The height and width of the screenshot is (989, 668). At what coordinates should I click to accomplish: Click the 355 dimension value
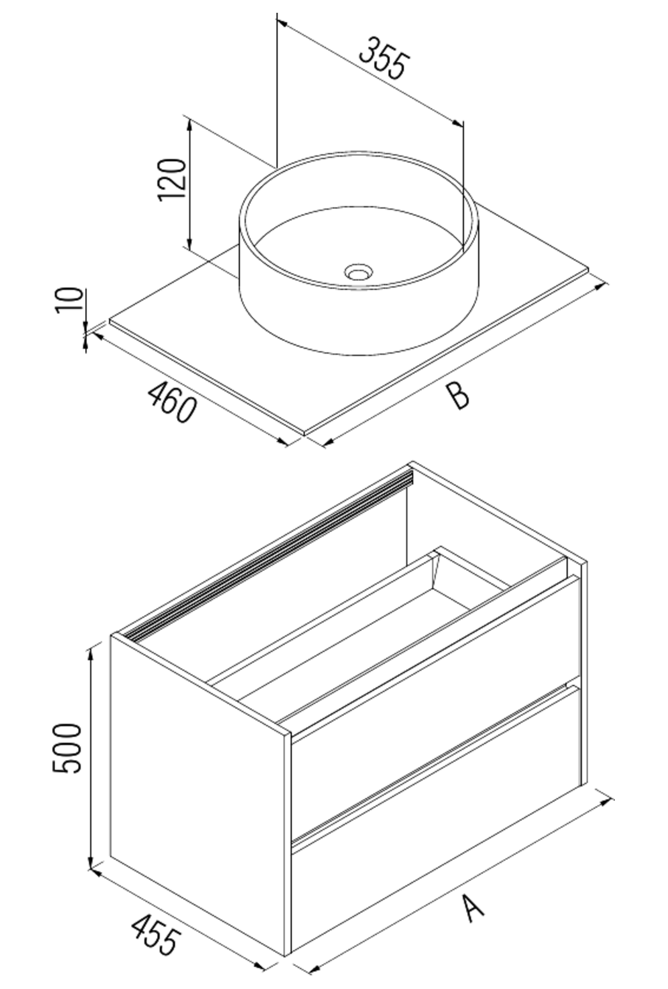(x=382, y=59)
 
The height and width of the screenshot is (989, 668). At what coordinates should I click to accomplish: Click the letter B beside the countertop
(x=458, y=396)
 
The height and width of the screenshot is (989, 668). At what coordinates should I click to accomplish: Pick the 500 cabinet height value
(x=66, y=748)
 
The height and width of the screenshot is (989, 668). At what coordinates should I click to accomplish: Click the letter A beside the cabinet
(x=472, y=908)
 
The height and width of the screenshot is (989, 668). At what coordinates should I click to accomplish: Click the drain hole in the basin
(x=358, y=272)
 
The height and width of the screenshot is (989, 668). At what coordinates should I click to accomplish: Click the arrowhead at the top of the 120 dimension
(x=189, y=123)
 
